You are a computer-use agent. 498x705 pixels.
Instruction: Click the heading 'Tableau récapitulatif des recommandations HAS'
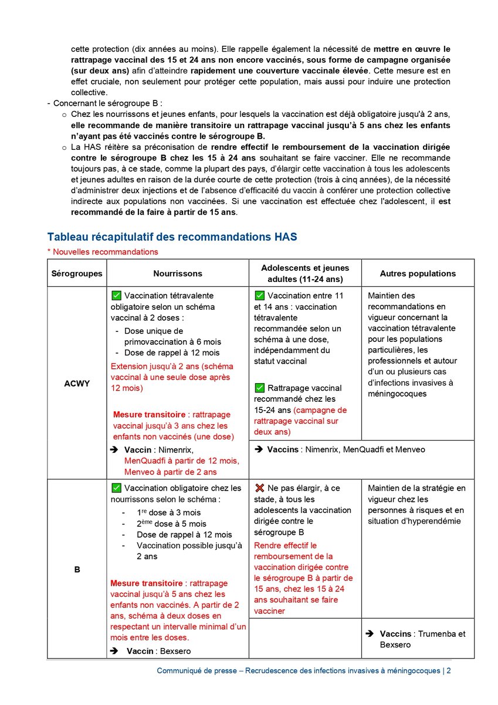click(x=172, y=237)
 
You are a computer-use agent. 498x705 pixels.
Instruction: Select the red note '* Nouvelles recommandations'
click(x=103, y=252)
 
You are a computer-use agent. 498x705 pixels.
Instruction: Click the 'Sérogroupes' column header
click(x=77, y=273)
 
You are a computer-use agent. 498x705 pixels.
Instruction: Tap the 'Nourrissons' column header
click(x=178, y=273)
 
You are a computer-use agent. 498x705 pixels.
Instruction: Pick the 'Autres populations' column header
click(x=418, y=273)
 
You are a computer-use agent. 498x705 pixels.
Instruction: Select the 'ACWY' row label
click(x=77, y=382)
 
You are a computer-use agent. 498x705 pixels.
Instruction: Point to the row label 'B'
click(x=77, y=570)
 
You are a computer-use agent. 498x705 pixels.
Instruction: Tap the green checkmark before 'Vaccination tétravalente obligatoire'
click(x=116, y=296)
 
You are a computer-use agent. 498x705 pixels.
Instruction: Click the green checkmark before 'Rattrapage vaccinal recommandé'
click(x=259, y=388)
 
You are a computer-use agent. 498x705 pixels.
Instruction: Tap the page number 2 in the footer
click(x=449, y=671)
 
